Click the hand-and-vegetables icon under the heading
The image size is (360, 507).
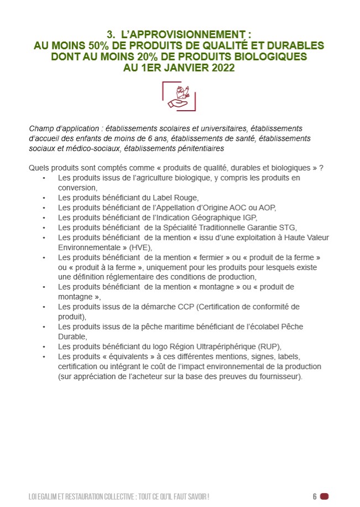(179, 95)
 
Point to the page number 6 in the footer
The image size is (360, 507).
(314, 496)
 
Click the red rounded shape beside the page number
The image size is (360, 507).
(324, 496)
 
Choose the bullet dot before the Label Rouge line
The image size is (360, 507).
(44, 198)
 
